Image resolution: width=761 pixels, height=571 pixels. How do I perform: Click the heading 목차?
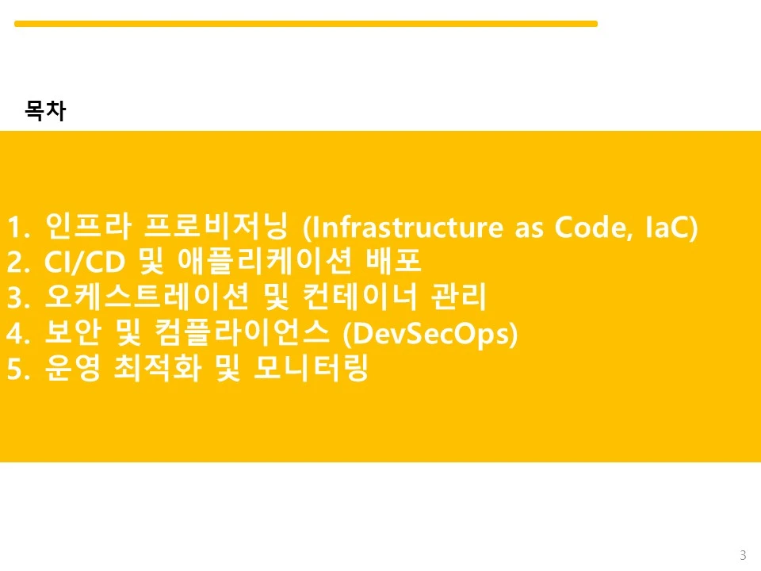pos(45,110)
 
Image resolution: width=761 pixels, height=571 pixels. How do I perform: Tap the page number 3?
pos(743,555)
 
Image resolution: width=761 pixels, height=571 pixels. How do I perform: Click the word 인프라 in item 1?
pos(88,226)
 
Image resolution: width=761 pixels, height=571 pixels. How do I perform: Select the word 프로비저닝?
pos(216,226)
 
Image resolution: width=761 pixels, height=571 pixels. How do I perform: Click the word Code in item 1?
pos(595,228)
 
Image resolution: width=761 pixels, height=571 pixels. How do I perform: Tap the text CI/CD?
pos(85,262)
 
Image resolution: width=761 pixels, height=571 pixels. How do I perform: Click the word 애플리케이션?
pos(265,261)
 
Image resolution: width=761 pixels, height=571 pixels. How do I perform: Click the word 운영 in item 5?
pos(73,367)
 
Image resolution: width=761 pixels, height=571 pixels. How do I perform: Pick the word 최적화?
pos(158,367)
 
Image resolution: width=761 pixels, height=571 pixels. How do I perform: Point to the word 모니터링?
pos(311,367)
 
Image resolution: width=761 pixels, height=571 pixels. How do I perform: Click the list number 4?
pos(14,334)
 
